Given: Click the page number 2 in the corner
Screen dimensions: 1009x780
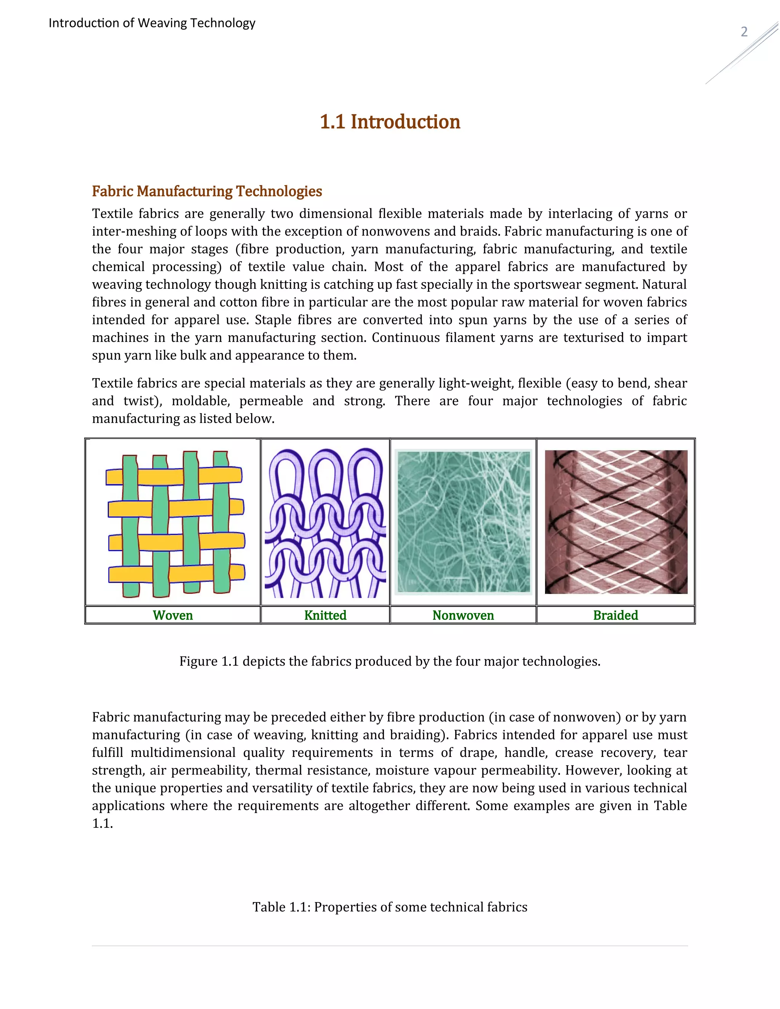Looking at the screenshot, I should (744, 32).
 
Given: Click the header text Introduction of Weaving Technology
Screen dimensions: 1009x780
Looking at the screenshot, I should (152, 23).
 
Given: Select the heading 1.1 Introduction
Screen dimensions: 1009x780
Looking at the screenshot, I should (390, 122).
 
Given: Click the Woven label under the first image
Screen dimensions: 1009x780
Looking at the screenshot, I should (173, 615).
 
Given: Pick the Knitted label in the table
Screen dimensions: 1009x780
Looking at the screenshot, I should (325, 615).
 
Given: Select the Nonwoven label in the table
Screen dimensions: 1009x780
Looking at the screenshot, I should (463, 615).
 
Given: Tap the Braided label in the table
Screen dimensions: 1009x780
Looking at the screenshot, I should (615, 615).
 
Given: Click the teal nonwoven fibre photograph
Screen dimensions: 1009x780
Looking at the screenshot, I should (463, 522).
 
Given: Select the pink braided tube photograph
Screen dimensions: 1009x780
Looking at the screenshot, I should (615, 522).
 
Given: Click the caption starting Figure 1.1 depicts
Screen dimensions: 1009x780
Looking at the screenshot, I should (390, 662).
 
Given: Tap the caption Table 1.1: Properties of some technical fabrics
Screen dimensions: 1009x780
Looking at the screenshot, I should (390, 907).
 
